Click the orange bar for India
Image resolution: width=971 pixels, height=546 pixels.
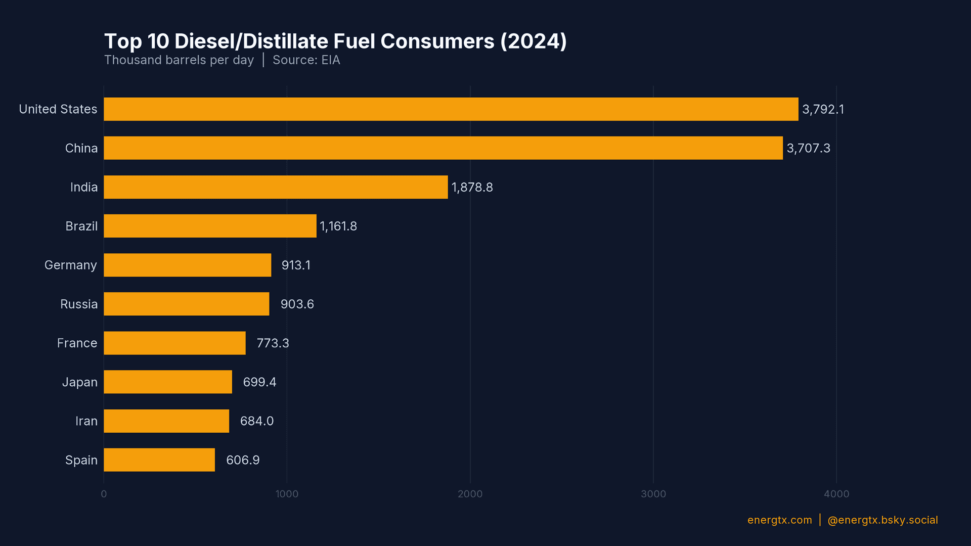276,187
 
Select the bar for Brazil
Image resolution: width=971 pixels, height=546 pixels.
210,226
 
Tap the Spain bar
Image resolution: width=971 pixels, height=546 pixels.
159,460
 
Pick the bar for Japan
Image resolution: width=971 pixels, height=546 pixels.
168,382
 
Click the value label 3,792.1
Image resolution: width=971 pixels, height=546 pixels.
823,109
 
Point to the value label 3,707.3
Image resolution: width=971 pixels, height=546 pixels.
808,148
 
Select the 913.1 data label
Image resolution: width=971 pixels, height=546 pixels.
296,265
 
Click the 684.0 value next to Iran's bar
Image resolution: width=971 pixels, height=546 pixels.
256,421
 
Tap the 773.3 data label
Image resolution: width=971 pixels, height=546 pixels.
273,343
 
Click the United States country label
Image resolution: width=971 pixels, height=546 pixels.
58,109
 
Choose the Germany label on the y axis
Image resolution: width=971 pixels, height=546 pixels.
70,265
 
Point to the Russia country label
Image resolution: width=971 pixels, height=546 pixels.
78,304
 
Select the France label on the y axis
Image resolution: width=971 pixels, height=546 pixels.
77,343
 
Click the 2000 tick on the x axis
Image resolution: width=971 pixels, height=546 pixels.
470,494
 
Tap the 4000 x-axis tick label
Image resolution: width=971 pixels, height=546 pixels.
836,494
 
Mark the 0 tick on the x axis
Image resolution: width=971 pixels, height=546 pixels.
104,494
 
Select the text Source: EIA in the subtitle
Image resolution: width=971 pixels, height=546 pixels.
306,60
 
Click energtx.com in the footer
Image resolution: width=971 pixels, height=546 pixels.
779,520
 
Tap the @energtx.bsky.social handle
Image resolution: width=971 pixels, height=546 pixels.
882,520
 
